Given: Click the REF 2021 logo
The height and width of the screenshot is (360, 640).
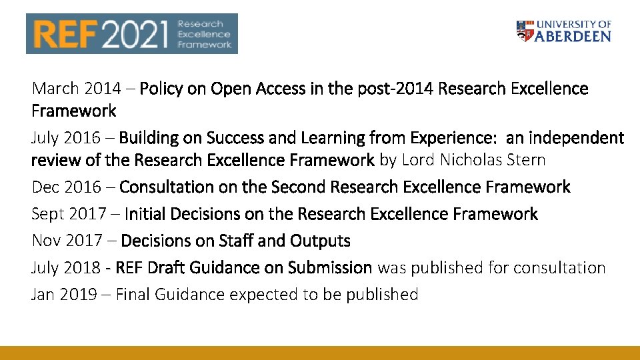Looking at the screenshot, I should tap(131, 33).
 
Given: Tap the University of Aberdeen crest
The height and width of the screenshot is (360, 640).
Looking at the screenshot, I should tap(525, 31).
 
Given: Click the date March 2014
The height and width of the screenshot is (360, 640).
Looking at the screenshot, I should tap(76, 89).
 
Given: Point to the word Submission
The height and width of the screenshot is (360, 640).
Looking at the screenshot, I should tap(330, 267).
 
